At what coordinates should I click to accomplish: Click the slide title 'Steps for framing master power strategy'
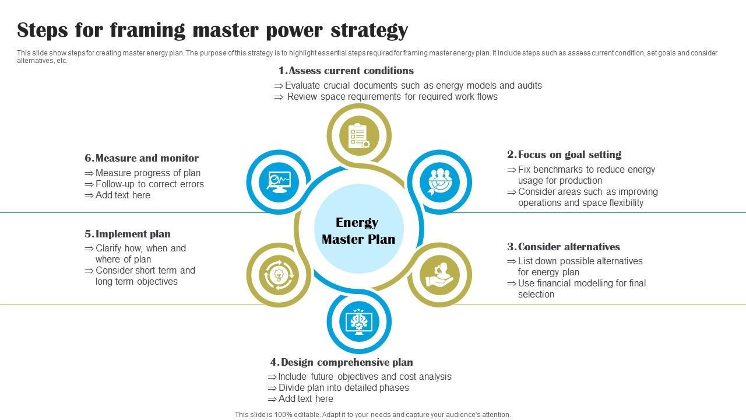pyautogui.click(x=212, y=30)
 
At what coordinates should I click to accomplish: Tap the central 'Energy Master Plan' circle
pyautogui.click(x=358, y=230)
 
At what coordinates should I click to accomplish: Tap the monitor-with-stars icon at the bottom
pyautogui.click(x=358, y=321)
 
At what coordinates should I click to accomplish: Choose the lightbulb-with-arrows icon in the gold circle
pyautogui.click(x=278, y=275)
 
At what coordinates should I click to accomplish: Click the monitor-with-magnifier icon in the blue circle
pyautogui.click(x=278, y=181)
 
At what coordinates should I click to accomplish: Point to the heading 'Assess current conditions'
pyautogui.click(x=351, y=71)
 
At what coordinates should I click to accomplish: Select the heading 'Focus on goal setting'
pyautogui.click(x=569, y=155)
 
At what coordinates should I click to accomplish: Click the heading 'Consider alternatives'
pyautogui.click(x=569, y=247)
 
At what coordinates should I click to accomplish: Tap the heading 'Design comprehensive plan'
pyautogui.click(x=347, y=362)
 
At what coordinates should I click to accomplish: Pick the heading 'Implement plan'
pyautogui.click(x=133, y=234)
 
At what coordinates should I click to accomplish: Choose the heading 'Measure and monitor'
pyautogui.click(x=147, y=158)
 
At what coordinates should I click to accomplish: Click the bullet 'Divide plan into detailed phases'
pyautogui.click(x=343, y=388)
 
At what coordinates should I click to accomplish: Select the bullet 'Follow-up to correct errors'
pyautogui.click(x=149, y=184)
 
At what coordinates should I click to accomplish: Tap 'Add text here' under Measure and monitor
pyautogui.click(x=122, y=195)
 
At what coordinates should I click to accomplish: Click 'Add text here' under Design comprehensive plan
pyautogui.click(x=305, y=399)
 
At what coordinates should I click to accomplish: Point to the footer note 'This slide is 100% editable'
pyautogui.click(x=372, y=415)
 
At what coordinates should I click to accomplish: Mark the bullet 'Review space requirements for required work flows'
pyautogui.click(x=392, y=97)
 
